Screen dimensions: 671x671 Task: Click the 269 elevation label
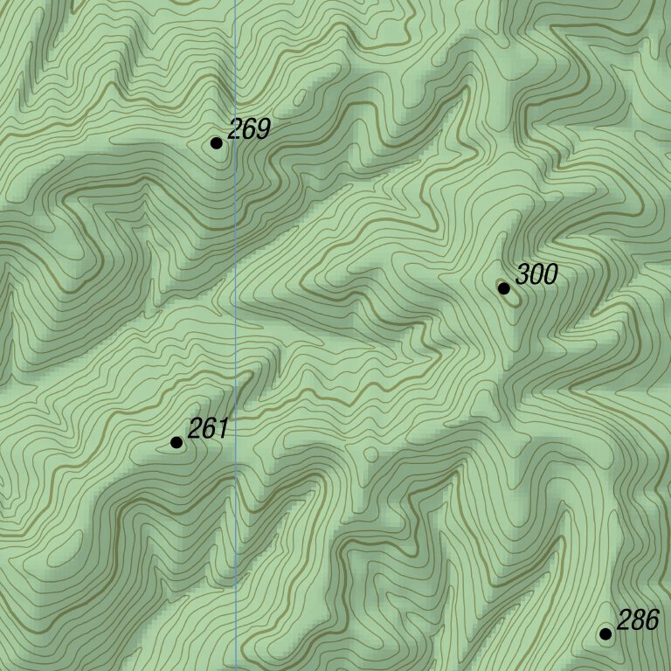249,130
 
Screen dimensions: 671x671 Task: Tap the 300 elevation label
536,275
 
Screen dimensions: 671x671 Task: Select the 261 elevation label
208,429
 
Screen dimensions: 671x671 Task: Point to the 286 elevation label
638,621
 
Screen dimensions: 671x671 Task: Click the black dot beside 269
217,143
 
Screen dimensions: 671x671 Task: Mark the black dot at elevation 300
504,288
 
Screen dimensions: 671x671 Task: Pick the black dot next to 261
176,443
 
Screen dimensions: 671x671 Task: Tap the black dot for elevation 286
605,633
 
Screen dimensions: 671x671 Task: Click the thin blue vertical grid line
235,349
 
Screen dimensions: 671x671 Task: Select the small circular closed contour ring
370,454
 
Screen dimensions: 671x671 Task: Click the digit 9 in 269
263,130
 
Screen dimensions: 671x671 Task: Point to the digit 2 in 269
235,130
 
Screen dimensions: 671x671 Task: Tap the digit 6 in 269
249,130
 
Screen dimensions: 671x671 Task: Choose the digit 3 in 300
522,275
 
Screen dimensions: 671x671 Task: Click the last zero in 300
550,275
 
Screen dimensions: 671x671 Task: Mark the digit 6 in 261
208,429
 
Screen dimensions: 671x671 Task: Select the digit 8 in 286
638,621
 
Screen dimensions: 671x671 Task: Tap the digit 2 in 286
624,621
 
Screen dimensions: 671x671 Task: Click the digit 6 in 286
652,621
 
